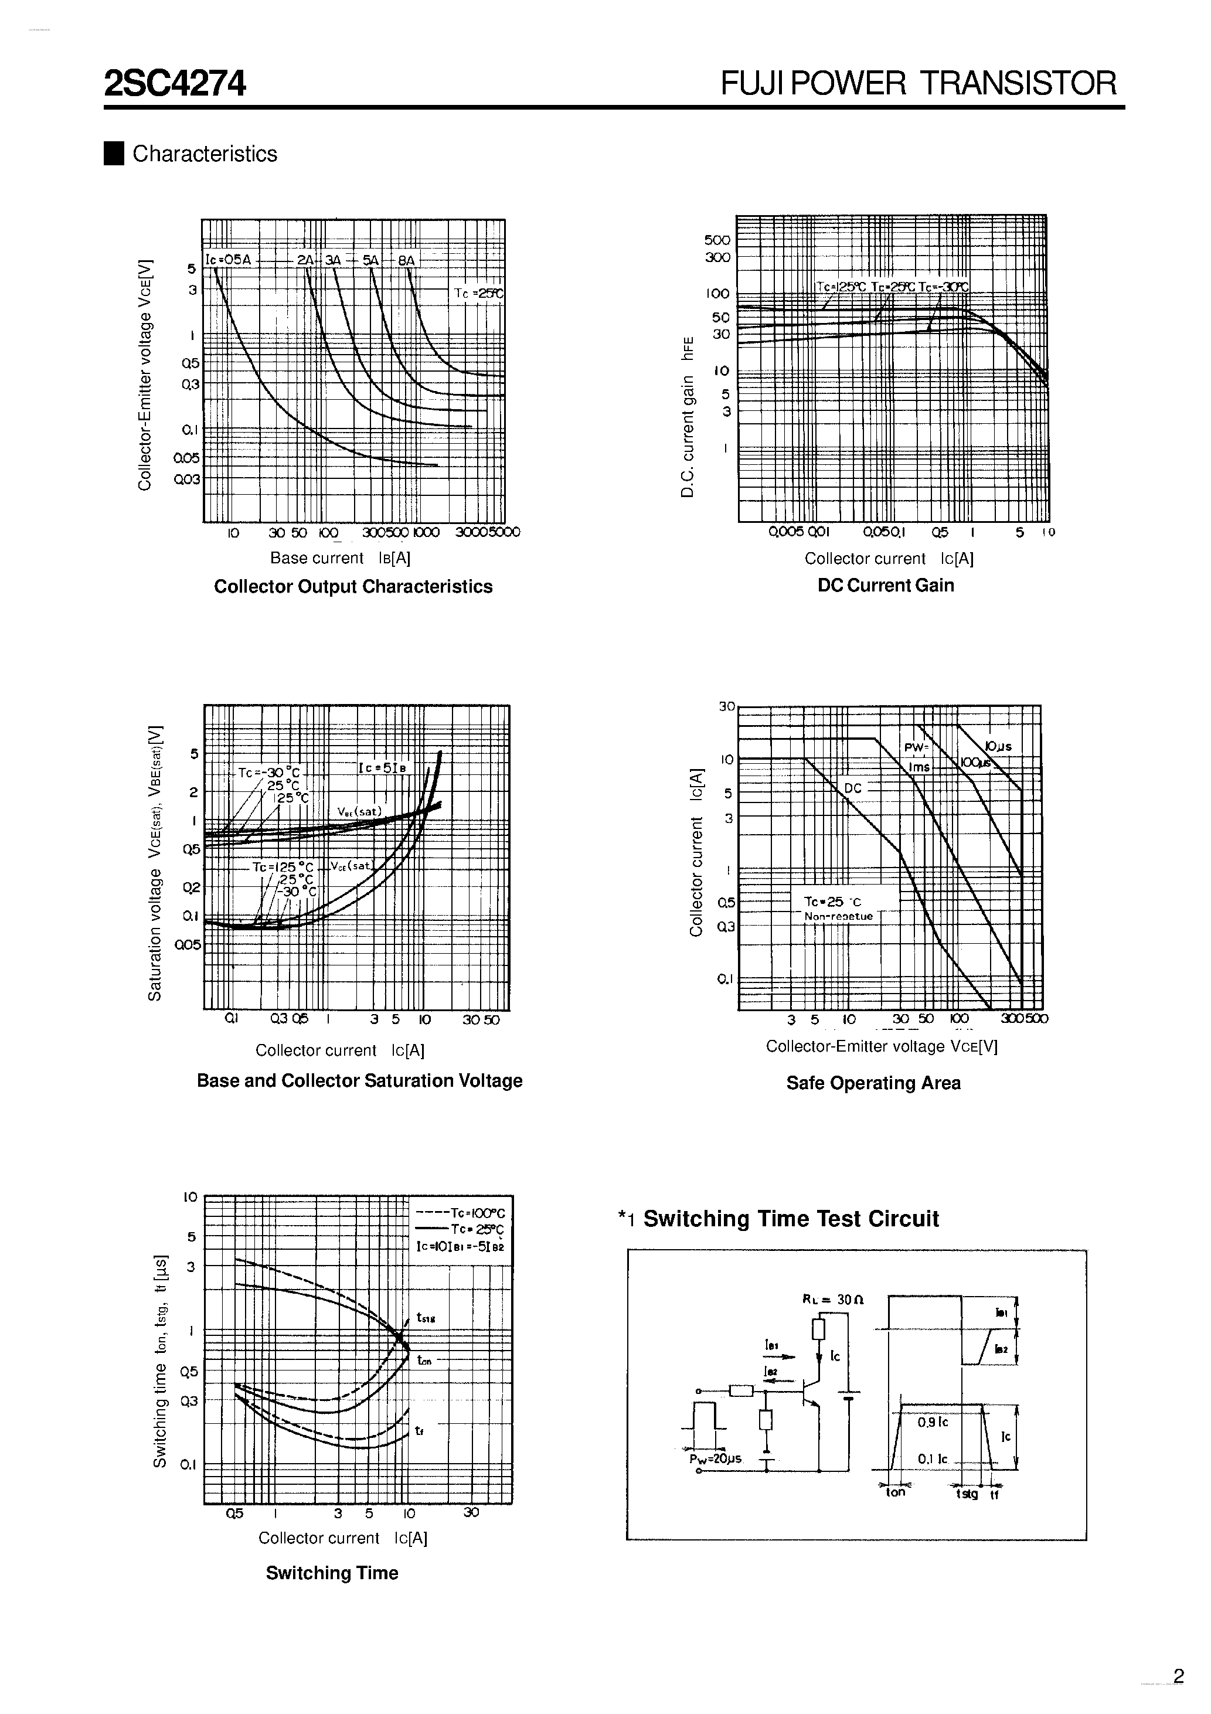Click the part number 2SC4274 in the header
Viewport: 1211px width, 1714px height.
[x=175, y=84]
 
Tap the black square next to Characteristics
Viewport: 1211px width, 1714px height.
[x=114, y=153]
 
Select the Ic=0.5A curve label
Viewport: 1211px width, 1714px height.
[x=229, y=260]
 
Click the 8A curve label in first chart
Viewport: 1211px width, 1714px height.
[x=406, y=260]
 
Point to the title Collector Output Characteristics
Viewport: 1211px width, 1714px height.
[x=353, y=587]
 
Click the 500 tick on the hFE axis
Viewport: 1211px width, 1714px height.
[x=717, y=240]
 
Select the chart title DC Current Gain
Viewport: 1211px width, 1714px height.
[x=886, y=585]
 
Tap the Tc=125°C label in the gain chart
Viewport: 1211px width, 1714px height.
[x=841, y=287]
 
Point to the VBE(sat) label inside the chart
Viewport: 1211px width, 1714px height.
[x=359, y=811]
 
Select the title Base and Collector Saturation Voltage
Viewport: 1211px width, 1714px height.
[x=359, y=1081]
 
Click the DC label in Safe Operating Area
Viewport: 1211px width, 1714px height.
[x=853, y=788]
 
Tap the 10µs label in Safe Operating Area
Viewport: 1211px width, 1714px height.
[x=998, y=746]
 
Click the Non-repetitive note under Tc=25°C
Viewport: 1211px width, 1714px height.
[x=838, y=917]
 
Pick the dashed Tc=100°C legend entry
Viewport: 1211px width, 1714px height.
[x=461, y=1214]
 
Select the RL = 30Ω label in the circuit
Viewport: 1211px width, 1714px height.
[x=833, y=1299]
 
